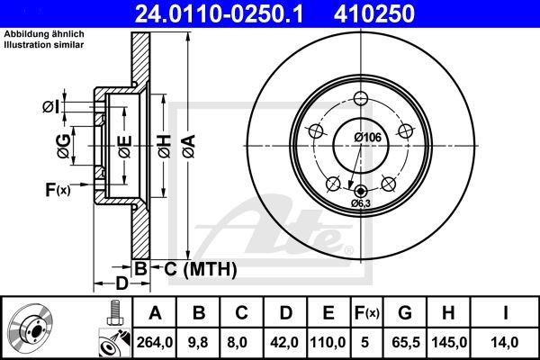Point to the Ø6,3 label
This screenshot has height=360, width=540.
362,204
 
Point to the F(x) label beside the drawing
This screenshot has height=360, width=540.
57,189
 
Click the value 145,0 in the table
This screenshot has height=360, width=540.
449,341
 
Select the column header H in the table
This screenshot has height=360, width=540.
449,313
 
